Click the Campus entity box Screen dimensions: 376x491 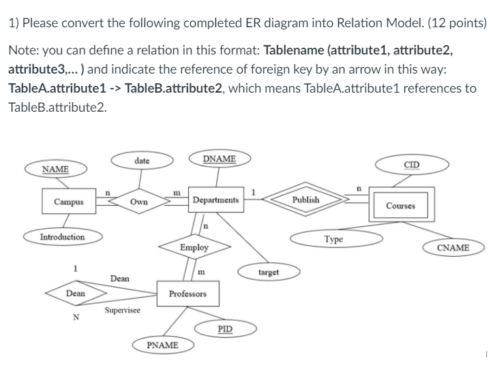click(69, 202)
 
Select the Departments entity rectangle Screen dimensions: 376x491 click(215, 200)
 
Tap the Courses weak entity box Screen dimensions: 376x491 click(400, 205)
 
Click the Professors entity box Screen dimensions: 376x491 click(188, 294)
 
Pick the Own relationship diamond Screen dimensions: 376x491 click(140, 202)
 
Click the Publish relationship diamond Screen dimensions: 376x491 click(305, 200)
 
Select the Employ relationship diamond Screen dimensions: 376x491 click(194, 248)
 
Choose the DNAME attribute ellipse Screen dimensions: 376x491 click(220, 159)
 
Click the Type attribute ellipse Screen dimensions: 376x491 click(333, 240)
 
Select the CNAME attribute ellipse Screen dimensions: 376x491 click(453, 247)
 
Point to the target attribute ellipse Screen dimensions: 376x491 click(269, 272)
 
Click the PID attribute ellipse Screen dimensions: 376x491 click(224, 330)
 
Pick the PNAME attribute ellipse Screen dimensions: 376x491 click(162, 345)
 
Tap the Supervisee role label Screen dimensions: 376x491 click(123, 311)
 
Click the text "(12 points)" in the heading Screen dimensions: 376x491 click(449, 22)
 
